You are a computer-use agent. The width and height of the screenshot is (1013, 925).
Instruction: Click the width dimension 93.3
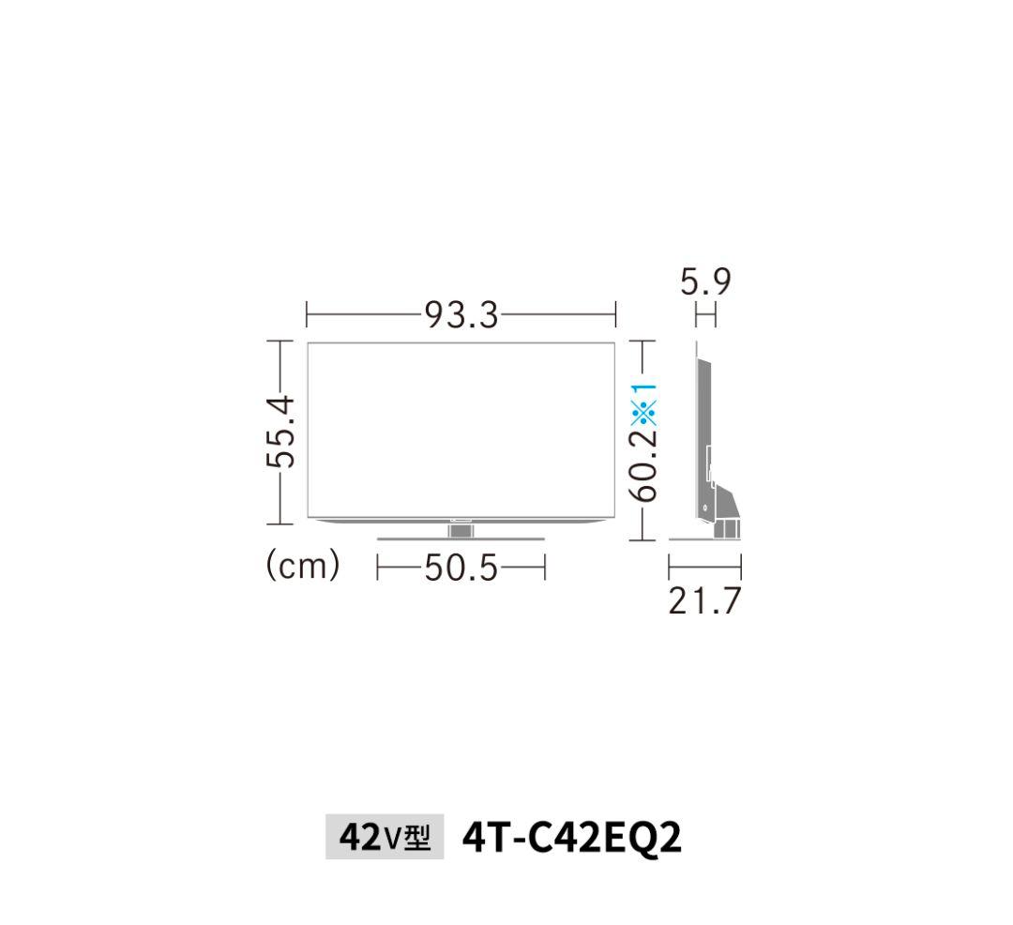coord(461,315)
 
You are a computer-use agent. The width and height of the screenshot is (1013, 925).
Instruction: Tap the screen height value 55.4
coord(280,431)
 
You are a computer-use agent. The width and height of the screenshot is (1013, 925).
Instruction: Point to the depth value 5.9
coord(705,281)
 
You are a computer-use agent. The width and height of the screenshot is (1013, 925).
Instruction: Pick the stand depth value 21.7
coord(704,601)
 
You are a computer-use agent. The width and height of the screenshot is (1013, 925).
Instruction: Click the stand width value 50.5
coord(461,568)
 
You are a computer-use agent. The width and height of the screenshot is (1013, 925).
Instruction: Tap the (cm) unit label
coord(303,566)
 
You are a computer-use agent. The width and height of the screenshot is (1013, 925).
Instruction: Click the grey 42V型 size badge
coord(384,837)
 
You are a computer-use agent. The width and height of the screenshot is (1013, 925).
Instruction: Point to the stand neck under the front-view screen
coord(461,530)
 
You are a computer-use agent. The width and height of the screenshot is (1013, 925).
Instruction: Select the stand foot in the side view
coord(726,525)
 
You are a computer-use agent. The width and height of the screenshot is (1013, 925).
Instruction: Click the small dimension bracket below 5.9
coord(705,317)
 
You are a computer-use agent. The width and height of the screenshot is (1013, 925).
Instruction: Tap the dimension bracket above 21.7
coord(704,567)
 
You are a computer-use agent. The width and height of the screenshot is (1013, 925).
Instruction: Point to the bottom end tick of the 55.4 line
coord(280,523)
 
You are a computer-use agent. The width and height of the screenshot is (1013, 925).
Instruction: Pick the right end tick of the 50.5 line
coord(544,568)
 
